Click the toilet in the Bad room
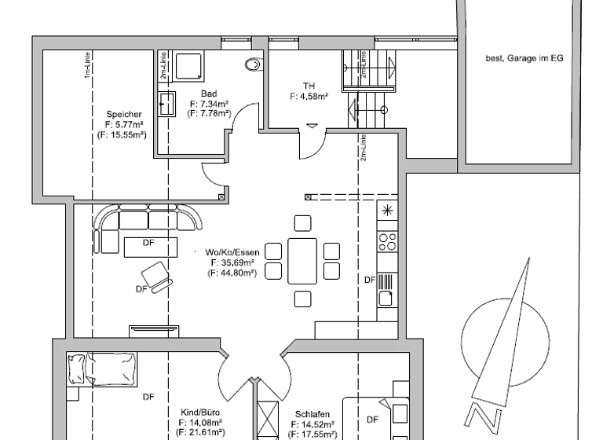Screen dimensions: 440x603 (x=253, y=65)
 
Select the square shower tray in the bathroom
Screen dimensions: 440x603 (x=188, y=66)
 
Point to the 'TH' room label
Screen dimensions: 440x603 (x=309, y=86)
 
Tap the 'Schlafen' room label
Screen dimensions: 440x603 (x=312, y=414)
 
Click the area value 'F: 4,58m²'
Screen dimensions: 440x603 (x=309, y=97)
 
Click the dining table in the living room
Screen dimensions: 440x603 (x=302, y=260)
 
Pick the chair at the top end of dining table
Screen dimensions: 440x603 (x=302, y=223)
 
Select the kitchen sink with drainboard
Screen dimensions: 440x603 (x=386, y=288)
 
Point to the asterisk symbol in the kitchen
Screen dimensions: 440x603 (x=386, y=210)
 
